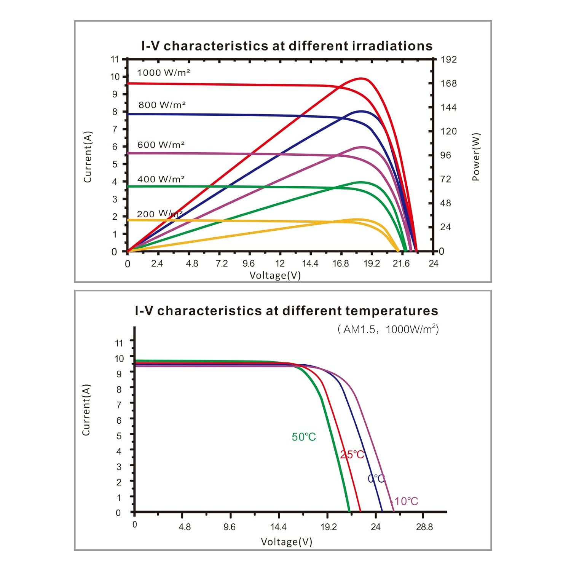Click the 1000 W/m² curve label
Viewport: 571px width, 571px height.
[163, 72]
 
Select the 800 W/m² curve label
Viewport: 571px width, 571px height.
[162, 105]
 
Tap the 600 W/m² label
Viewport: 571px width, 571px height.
[161, 145]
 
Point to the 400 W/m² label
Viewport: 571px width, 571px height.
[161, 179]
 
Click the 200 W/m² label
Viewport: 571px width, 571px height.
[159, 214]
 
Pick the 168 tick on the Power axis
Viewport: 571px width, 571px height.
[448, 83]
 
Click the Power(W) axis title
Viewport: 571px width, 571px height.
[476, 157]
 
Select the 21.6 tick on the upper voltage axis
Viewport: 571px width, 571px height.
[401, 263]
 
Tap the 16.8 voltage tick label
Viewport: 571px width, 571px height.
[340, 263]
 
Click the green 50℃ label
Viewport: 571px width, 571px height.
[304, 437]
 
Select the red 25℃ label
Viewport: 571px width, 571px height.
[352, 455]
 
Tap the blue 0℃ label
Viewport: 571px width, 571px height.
[376, 478]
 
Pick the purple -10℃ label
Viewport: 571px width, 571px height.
[405, 501]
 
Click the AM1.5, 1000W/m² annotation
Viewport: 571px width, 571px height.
[388, 329]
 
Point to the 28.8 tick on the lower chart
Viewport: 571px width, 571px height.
[424, 527]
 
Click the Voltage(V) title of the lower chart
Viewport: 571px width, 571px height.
[286, 542]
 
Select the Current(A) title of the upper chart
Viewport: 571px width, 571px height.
[88, 157]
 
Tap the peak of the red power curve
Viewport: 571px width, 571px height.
[362, 78]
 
